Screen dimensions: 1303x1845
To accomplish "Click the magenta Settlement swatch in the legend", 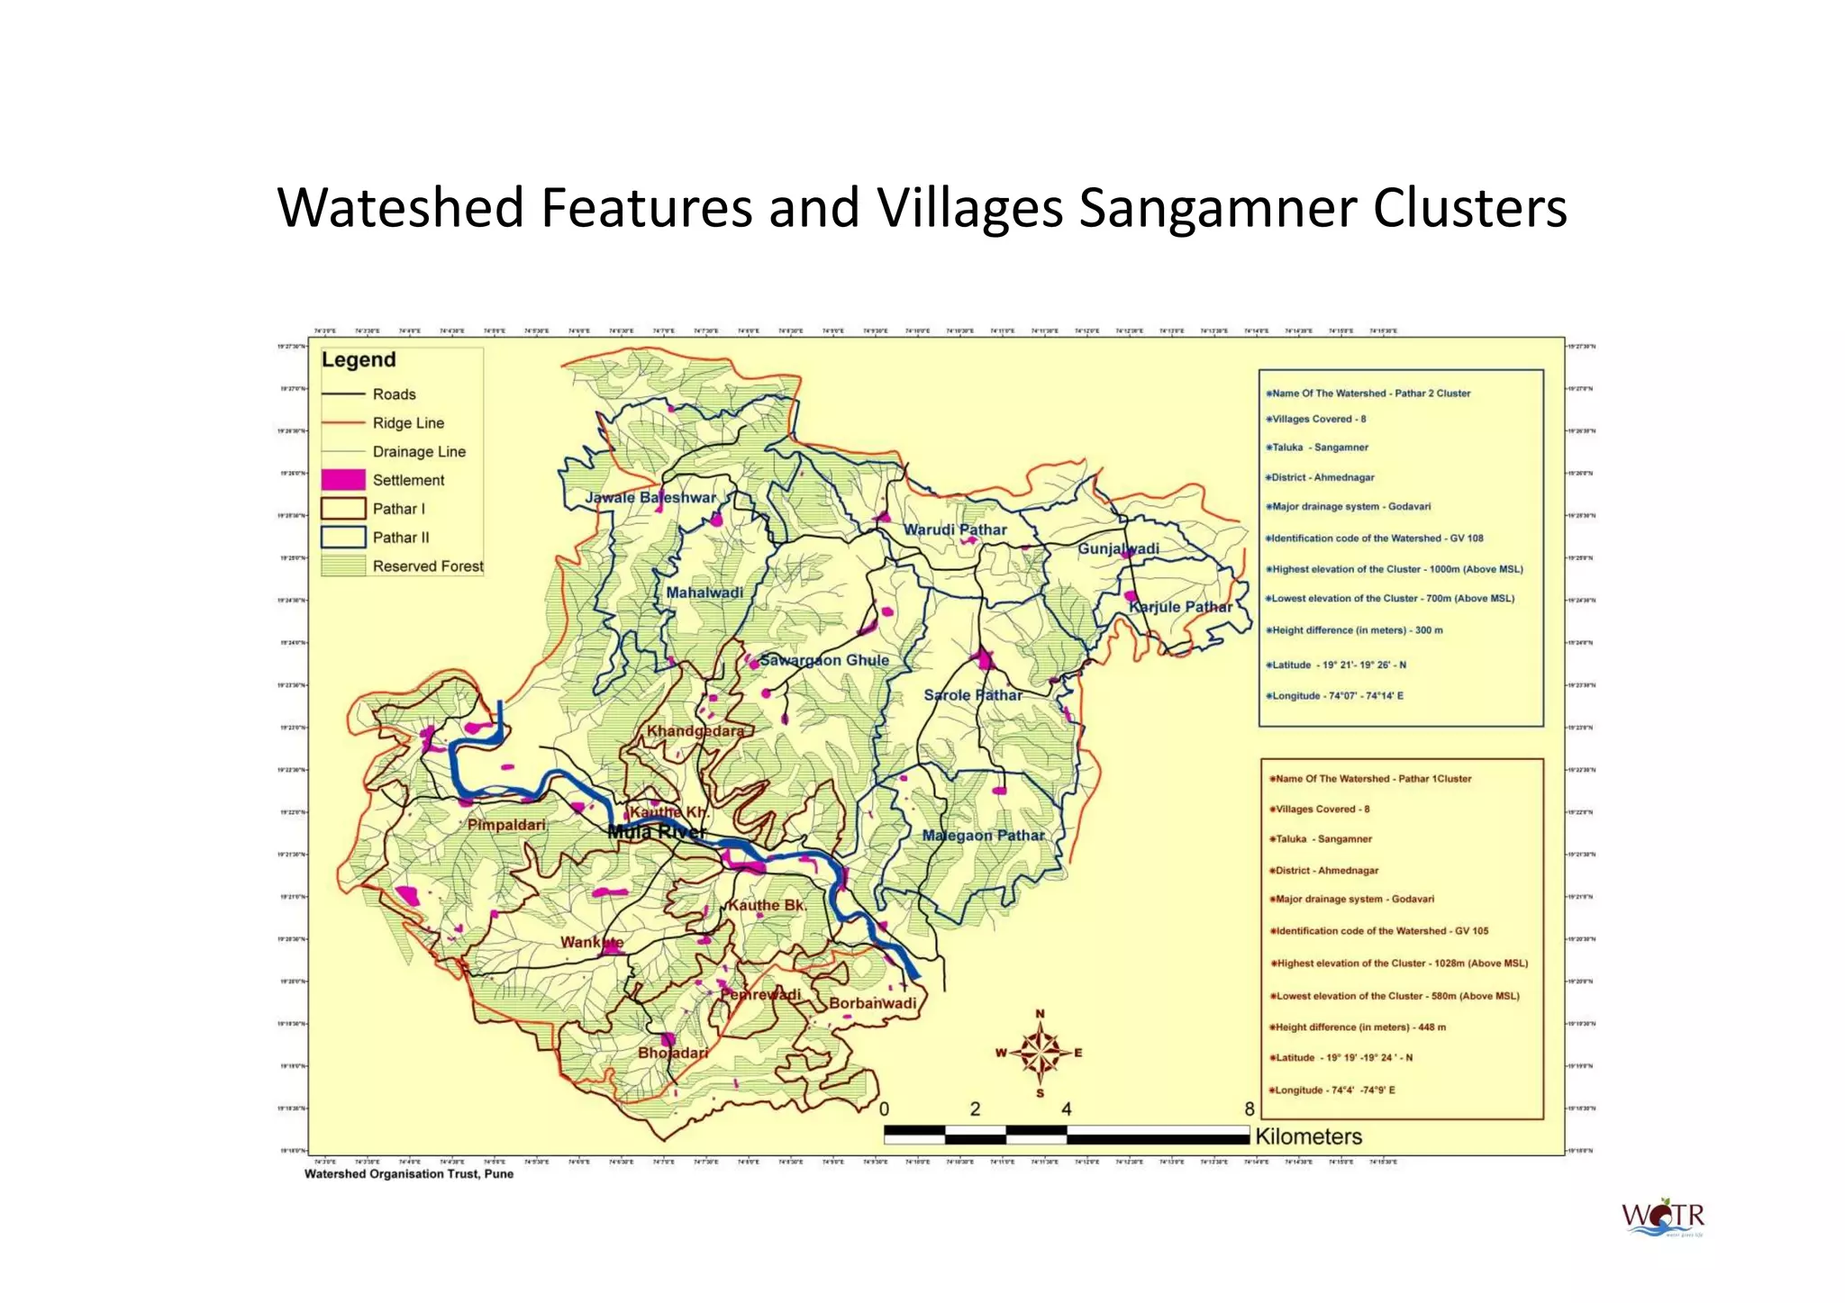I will coord(343,480).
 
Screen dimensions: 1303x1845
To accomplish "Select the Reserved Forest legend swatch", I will coord(343,566).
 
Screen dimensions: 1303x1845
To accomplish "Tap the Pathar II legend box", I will coord(343,538).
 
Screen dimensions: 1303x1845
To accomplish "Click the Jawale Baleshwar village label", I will coord(650,498).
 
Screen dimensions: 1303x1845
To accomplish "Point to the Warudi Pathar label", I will coord(955,529).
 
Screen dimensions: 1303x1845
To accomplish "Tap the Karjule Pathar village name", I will coord(1180,607).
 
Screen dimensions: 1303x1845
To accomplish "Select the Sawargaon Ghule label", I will coord(824,660).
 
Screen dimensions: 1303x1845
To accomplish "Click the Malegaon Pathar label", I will coord(983,836).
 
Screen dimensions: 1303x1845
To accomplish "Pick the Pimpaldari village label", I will coord(506,825).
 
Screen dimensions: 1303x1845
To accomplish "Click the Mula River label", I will coord(656,832).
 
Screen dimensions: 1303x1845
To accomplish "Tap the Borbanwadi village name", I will coord(872,1003).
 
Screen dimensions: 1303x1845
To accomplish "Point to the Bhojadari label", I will coord(673,1053).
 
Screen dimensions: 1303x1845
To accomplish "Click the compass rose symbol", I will coord(1040,1053).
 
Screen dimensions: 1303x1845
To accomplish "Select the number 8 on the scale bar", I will coord(1249,1109).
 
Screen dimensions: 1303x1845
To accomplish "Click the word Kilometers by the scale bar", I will coord(1308,1136).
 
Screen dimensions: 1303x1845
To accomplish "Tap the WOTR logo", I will coord(1663,1217).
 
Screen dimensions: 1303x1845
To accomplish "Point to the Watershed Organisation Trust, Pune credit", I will coord(409,1174).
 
